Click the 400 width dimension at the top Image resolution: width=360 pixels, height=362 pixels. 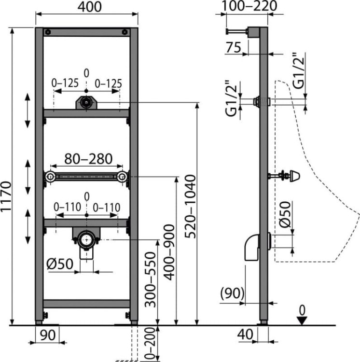(x=90, y=7)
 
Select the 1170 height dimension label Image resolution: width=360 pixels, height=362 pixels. (x=6, y=196)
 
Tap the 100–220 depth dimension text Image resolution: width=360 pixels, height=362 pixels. (x=249, y=6)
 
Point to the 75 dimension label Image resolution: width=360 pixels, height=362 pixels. (x=233, y=47)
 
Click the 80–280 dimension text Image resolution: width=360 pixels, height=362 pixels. (x=88, y=159)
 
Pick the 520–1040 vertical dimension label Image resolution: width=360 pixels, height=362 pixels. (x=191, y=207)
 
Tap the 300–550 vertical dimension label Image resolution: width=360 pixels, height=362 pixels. (x=150, y=280)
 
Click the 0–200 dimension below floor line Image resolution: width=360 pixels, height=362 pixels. (x=150, y=343)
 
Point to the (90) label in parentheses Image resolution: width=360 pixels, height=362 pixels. (x=232, y=293)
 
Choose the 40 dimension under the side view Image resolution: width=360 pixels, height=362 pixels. (x=245, y=334)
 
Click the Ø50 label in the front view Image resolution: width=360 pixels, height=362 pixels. (x=60, y=264)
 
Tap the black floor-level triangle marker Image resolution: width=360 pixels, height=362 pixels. (x=302, y=320)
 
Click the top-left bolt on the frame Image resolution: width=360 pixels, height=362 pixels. (x=48, y=32)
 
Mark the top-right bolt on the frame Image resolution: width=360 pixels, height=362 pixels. (x=125, y=32)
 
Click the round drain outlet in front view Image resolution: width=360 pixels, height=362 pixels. (x=86, y=240)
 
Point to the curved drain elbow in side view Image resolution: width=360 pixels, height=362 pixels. (x=251, y=248)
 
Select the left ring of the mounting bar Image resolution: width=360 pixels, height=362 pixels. (x=50, y=177)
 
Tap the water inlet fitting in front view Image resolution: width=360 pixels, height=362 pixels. (x=86, y=103)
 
